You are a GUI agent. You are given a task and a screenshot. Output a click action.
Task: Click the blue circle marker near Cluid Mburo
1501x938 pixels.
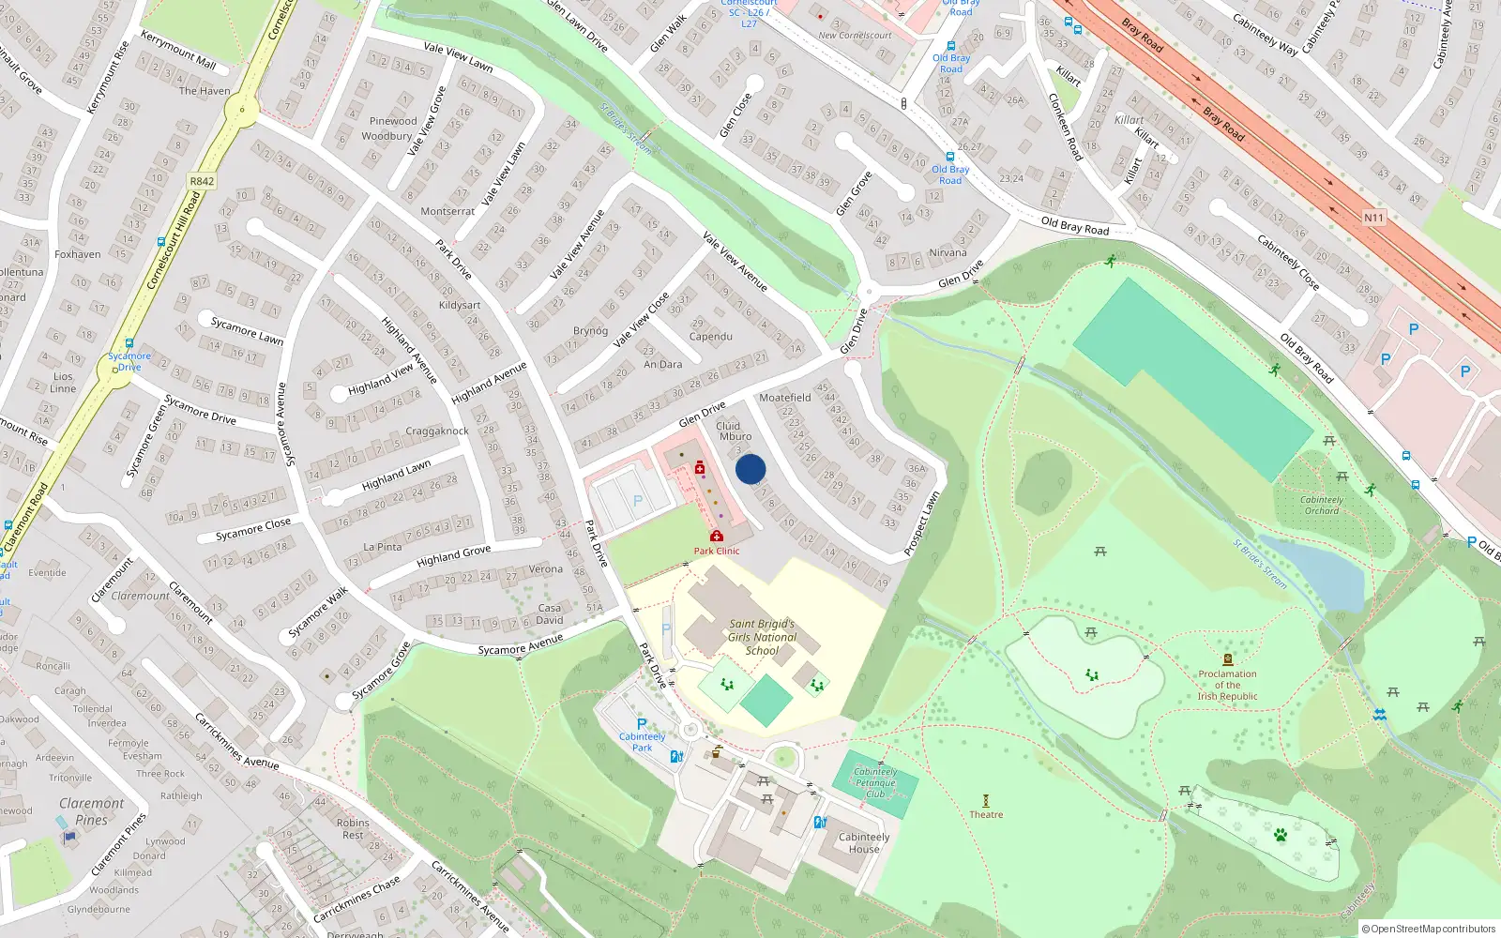click(750, 469)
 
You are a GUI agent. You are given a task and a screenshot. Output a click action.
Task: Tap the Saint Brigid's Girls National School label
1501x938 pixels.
click(762, 637)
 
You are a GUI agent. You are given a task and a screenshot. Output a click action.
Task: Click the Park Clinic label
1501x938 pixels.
click(717, 551)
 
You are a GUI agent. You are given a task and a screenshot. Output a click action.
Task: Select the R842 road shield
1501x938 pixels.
click(202, 181)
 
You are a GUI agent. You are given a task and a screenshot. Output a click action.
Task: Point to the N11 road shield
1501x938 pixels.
click(1373, 218)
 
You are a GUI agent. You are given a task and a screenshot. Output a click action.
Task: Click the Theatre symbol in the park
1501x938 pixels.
click(986, 800)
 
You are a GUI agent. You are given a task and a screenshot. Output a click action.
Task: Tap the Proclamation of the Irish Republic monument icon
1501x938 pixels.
click(1227, 659)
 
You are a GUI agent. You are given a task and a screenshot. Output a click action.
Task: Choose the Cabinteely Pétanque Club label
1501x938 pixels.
click(875, 782)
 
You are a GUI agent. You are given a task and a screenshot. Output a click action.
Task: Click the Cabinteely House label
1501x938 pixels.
click(864, 842)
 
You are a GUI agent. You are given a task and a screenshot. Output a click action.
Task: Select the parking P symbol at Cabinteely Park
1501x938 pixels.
click(642, 724)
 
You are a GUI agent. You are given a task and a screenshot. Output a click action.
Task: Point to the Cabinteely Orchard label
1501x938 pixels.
click(1322, 505)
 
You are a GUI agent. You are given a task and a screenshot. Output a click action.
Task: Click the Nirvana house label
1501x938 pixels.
click(948, 252)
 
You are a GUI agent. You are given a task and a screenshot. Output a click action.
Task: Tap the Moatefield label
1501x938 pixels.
click(785, 398)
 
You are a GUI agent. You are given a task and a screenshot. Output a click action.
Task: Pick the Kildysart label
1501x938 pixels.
click(460, 305)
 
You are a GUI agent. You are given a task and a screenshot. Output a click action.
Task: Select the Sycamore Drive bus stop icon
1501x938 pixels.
click(129, 343)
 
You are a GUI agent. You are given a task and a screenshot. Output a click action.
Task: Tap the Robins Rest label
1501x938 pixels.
click(353, 828)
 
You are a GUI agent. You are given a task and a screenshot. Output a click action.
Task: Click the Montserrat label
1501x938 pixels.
click(447, 211)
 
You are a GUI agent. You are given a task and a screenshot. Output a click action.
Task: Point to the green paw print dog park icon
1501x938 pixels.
click(1281, 834)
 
